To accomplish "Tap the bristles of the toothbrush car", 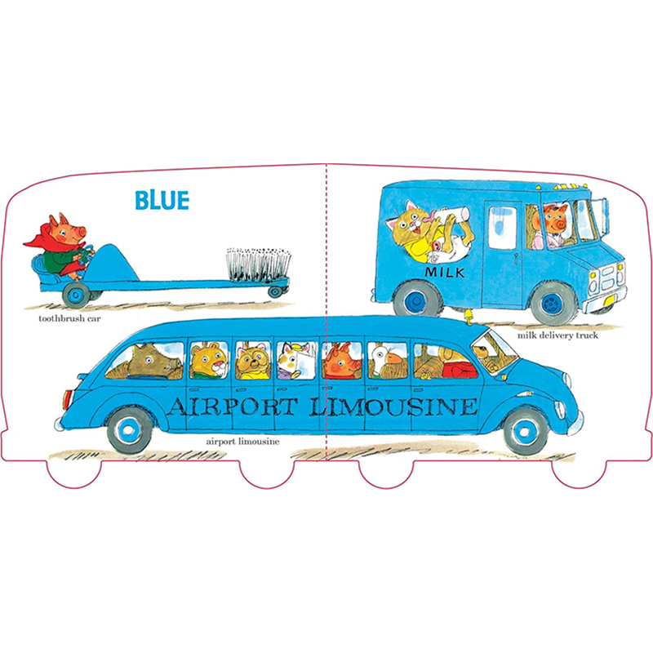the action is pyautogui.click(x=257, y=265).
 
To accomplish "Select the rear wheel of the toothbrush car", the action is pyautogui.click(x=277, y=290).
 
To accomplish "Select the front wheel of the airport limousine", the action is pyautogui.click(x=524, y=429).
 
